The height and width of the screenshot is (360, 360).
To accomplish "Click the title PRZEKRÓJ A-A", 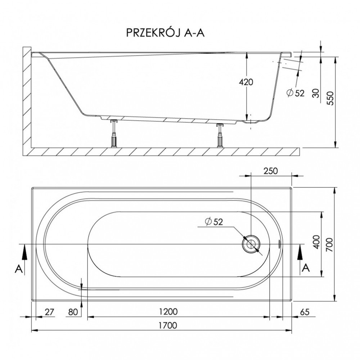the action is (x=165, y=33).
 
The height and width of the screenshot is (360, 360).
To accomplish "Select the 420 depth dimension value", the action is (x=246, y=82).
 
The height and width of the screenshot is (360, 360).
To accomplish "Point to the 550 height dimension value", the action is (x=330, y=98).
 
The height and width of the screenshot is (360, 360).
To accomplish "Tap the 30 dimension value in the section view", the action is (x=316, y=93).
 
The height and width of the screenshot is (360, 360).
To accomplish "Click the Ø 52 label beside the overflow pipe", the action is (x=296, y=93).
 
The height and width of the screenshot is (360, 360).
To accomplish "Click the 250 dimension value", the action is (x=270, y=171).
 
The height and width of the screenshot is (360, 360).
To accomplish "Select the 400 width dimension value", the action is (x=316, y=242).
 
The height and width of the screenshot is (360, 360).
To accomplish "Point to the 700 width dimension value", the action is (x=329, y=244).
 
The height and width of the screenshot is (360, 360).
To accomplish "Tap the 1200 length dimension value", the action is (x=168, y=311).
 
